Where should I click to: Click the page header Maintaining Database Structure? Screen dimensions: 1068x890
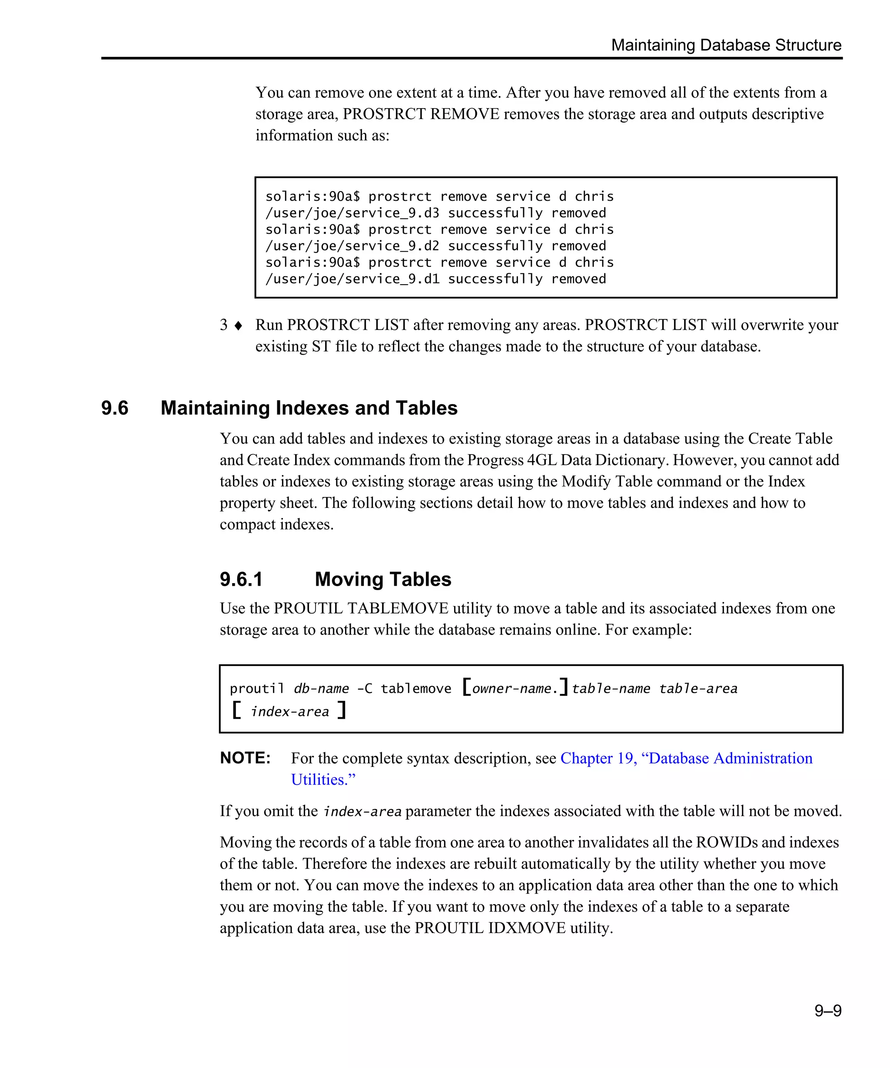tap(726, 45)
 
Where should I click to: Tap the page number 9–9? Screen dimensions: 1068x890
tap(827, 1010)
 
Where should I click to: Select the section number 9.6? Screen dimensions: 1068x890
tap(115, 408)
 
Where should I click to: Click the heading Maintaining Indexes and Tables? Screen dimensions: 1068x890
tap(309, 408)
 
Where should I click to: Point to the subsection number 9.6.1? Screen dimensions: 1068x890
tap(241, 579)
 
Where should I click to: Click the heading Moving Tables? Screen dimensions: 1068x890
tap(382, 579)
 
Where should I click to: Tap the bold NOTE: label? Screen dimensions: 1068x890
tap(245, 758)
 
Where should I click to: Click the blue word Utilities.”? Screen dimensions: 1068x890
tap(323, 779)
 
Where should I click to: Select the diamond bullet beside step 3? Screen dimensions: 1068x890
tap(238, 325)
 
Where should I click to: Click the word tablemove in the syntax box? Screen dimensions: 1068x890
tap(415, 689)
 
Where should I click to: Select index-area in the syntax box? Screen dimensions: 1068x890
tap(290, 711)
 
